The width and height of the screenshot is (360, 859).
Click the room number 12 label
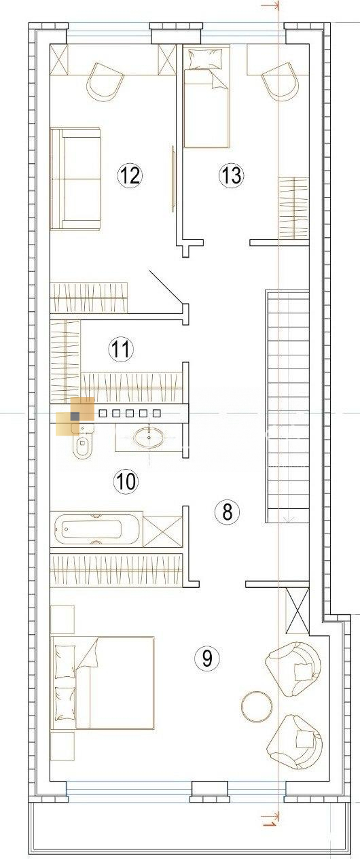click(x=130, y=175)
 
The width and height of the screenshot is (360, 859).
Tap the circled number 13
click(x=232, y=175)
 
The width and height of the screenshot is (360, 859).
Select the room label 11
click(x=121, y=349)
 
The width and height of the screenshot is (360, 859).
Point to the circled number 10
click(x=126, y=481)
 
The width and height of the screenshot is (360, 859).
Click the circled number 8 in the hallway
click(x=228, y=511)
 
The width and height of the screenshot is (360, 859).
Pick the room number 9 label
click(x=207, y=659)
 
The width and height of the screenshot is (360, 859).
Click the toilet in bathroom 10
click(x=82, y=442)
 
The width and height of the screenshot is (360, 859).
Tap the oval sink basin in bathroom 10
click(x=148, y=438)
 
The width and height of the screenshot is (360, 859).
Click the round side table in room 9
click(x=257, y=706)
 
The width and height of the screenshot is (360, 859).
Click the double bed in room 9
click(x=103, y=682)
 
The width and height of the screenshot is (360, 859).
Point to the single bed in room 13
click(x=207, y=96)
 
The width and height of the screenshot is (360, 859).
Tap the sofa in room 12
click(x=75, y=179)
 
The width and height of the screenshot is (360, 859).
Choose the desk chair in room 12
click(x=105, y=82)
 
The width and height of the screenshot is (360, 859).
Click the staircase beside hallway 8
click(x=287, y=406)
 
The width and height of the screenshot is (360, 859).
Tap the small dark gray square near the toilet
click(x=75, y=416)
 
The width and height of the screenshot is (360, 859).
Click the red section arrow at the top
click(x=270, y=5)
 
